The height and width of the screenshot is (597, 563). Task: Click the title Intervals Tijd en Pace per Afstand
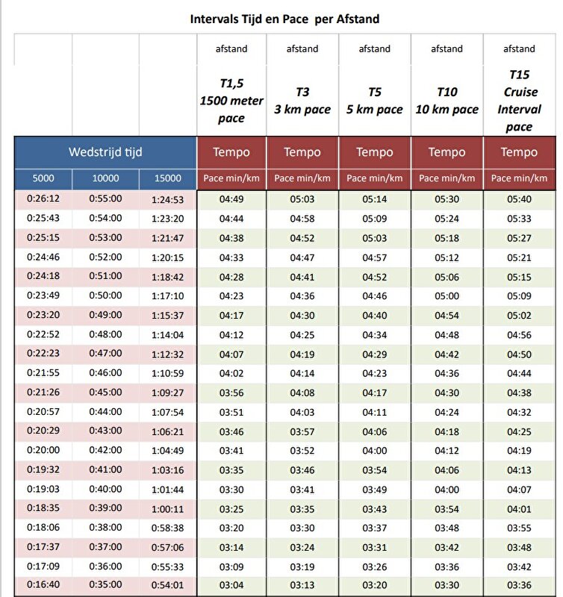(x=284, y=19)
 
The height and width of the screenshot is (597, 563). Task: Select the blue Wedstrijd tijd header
(x=105, y=152)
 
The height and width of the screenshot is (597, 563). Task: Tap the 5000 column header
(x=43, y=178)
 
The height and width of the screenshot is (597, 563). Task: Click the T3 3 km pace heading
(x=302, y=101)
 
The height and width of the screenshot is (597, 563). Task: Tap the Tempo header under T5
(x=374, y=152)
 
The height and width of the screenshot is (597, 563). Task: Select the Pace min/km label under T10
(x=447, y=178)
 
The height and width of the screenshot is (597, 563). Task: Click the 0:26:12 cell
(x=43, y=199)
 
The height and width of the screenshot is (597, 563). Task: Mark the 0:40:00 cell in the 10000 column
(x=105, y=490)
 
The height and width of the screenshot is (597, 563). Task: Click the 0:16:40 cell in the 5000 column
(x=43, y=586)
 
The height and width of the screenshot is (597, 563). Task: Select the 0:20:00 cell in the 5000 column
(x=43, y=451)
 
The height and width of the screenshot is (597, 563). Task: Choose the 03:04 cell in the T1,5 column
(x=231, y=586)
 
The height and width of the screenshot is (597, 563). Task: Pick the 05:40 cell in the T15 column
(x=519, y=199)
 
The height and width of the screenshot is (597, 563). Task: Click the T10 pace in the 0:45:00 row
(x=447, y=393)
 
